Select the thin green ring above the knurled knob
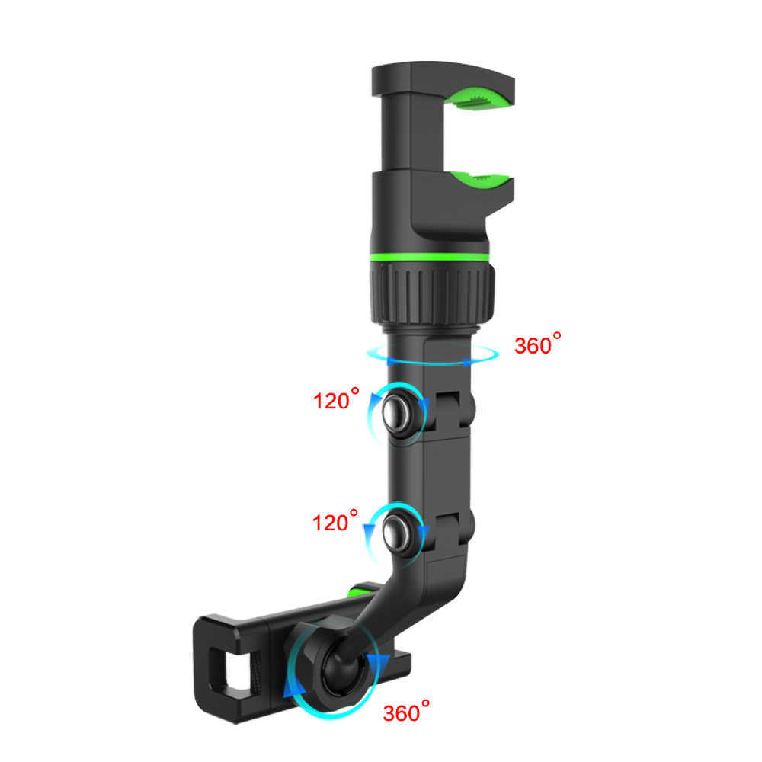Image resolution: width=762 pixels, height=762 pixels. coord(431,257)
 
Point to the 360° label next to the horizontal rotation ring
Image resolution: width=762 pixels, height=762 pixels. coord(542,345)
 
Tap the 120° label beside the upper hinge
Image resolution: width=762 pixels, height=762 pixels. coord(335,400)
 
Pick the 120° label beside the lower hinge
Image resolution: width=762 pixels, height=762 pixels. coord(335,523)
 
